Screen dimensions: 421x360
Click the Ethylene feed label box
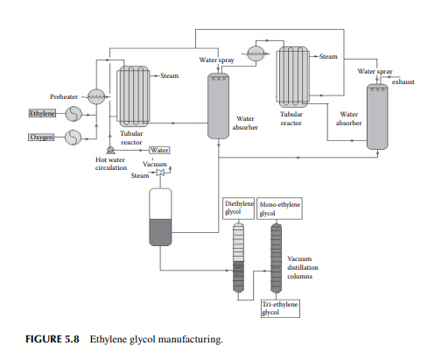coord(42,113)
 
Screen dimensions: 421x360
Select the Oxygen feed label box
coord(41,137)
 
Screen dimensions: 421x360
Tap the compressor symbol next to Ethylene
coord(74,114)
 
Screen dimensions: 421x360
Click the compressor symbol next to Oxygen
coord(73,138)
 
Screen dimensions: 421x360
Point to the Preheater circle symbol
coord(96,96)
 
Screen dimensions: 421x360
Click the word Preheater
coord(64,96)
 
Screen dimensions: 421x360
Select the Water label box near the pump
coord(159,150)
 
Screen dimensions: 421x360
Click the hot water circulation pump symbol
coord(110,150)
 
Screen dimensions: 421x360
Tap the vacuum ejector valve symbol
coord(160,173)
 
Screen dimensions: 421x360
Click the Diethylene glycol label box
coord(239,208)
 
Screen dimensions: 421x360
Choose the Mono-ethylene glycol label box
coord(279,208)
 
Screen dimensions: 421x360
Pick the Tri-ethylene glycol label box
coord(280,308)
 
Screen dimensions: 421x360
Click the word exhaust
coord(403,81)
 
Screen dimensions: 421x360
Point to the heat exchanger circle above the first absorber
coord(256,53)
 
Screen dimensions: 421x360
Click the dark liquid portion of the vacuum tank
coord(160,232)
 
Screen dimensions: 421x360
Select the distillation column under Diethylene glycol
coord(238,258)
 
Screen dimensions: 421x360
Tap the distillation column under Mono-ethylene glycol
coord(276,258)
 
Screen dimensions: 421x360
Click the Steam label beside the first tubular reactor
coord(169,75)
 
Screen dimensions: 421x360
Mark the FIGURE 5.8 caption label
coord(53,339)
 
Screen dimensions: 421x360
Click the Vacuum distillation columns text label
coord(303,267)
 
